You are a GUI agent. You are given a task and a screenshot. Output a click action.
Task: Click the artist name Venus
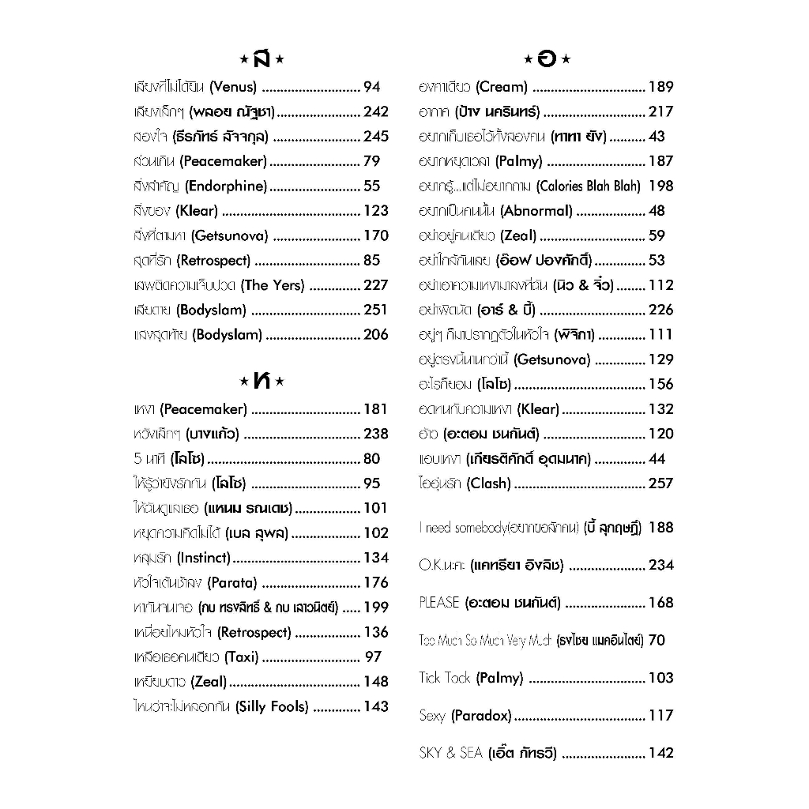(x=233, y=87)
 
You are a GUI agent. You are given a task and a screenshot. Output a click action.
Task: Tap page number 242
(x=376, y=111)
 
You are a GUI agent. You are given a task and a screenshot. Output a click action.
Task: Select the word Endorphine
(x=227, y=186)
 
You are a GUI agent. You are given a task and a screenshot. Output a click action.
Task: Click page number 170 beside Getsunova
(x=376, y=235)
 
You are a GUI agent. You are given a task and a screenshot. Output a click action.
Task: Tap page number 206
(x=376, y=335)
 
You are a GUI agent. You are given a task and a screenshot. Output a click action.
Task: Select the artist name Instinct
(x=204, y=558)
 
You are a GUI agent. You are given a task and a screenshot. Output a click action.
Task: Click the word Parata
(x=232, y=583)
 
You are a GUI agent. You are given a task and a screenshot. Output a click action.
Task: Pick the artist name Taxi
(x=242, y=657)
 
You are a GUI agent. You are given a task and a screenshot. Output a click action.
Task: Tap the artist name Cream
(x=502, y=87)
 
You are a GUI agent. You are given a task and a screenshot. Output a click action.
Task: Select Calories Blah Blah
(x=588, y=186)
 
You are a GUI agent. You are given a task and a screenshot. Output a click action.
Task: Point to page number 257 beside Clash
(x=661, y=484)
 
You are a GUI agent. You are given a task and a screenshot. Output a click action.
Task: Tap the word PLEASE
(x=439, y=603)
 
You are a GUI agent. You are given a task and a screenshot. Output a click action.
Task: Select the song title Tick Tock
(x=445, y=678)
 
